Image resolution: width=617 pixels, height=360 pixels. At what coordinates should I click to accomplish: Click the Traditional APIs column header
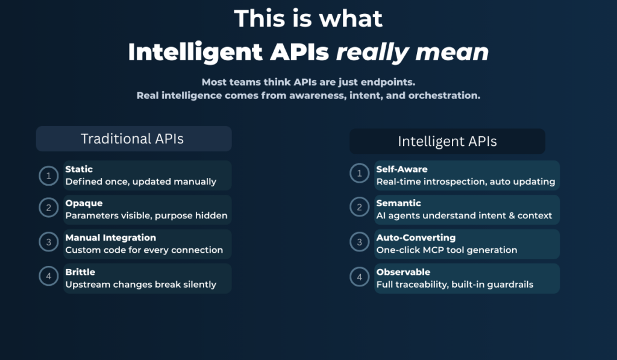(x=134, y=139)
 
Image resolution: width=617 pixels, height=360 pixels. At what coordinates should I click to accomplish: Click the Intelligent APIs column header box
(x=448, y=141)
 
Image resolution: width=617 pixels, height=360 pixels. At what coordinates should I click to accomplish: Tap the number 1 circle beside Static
(x=48, y=175)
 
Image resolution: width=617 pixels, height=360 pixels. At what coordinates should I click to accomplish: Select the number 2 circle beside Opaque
(x=48, y=207)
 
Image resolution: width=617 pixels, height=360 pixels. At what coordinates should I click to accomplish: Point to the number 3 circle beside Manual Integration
(x=48, y=242)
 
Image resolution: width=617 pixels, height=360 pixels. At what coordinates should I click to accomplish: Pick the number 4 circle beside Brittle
(x=48, y=276)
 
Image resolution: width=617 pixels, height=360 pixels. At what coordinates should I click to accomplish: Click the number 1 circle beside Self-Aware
(x=359, y=173)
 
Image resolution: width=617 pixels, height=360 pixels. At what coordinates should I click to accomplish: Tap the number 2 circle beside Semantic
(x=359, y=207)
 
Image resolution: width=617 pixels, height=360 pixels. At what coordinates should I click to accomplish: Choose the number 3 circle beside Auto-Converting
(x=359, y=242)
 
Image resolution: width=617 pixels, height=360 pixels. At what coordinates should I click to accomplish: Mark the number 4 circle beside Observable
(x=359, y=277)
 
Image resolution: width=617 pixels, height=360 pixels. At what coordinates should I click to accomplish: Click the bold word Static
(x=79, y=169)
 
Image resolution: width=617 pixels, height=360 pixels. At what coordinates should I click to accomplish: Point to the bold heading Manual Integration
(x=111, y=238)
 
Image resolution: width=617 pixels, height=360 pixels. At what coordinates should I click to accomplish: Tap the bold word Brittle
(x=80, y=272)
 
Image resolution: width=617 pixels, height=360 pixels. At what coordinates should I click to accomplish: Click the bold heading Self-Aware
(x=402, y=169)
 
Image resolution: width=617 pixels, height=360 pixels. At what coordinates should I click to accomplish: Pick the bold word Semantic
(x=399, y=203)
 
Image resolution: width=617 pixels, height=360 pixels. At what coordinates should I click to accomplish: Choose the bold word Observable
(x=403, y=272)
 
